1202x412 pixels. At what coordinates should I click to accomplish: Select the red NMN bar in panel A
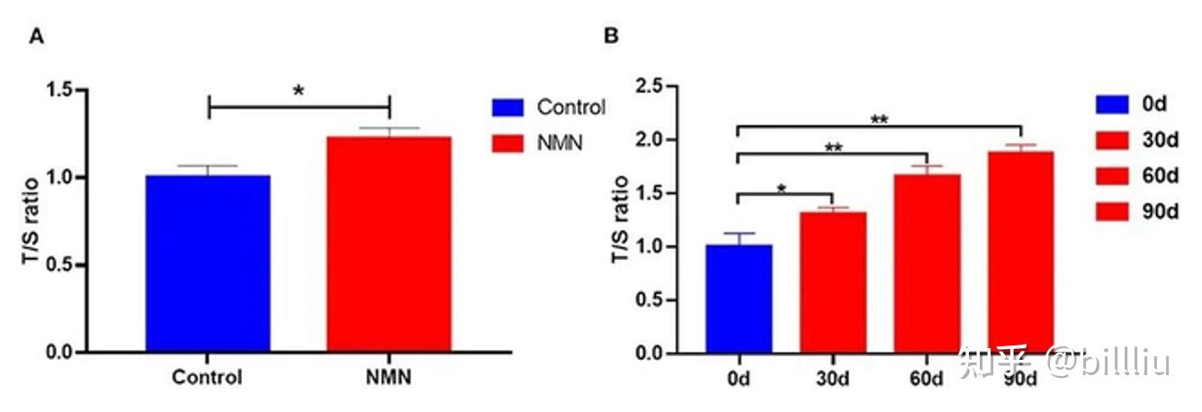pyautogui.click(x=389, y=244)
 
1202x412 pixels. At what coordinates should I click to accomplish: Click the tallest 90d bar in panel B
pyautogui.click(x=1020, y=252)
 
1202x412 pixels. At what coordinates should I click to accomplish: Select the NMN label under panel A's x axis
pyautogui.click(x=389, y=378)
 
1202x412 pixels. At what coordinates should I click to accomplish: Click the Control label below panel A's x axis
pyautogui.click(x=209, y=378)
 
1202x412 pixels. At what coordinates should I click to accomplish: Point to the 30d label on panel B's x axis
pyautogui.click(x=832, y=378)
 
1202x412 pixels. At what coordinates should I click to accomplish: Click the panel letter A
pyautogui.click(x=37, y=37)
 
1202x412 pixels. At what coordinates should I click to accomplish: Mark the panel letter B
pyautogui.click(x=611, y=37)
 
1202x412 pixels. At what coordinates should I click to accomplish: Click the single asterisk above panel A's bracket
pyautogui.click(x=298, y=91)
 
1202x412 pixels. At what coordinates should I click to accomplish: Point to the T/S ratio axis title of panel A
pyautogui.click(x=30, y=221)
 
